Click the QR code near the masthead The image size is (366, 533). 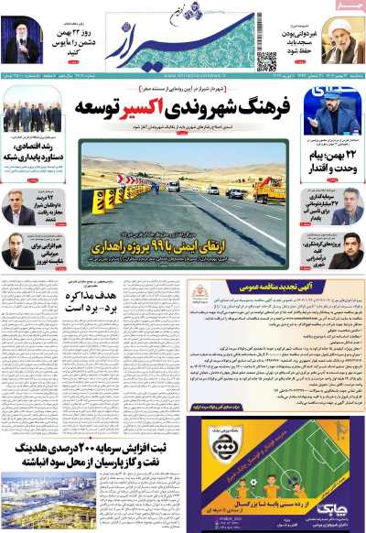pos(266,60)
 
